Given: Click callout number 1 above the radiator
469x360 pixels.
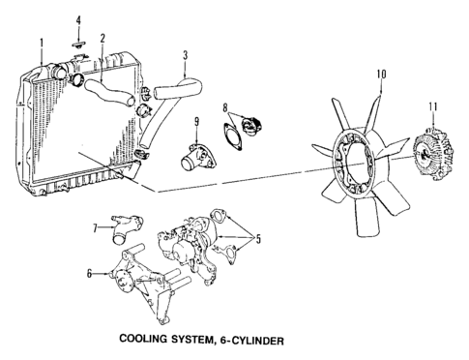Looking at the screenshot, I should point(43,42).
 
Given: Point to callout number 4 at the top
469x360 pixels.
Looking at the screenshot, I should point(79,19).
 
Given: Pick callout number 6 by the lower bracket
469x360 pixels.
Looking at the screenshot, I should point(90,274).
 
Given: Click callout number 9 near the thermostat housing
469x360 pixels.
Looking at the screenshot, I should point(195,121).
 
